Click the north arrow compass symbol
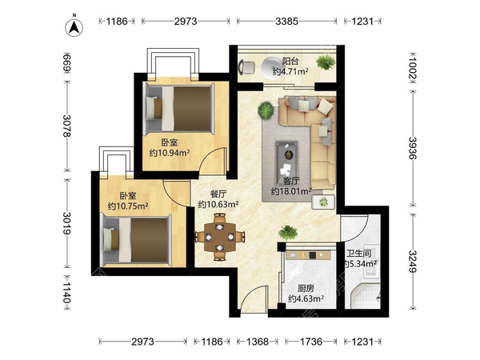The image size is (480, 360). [x=74, y=27]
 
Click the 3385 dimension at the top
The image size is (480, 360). [x=287, y=21]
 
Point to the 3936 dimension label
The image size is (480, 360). [x=413, y=148]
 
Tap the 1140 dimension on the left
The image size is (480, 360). [x=67, y=292]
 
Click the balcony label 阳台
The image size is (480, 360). [x=290, y=62]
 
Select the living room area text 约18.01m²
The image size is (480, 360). [x=291, y=192]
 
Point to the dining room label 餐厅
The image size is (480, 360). [x=218, y=194]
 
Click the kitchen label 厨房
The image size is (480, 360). [x=306, y=288]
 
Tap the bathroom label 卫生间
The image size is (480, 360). [x=359, y=254]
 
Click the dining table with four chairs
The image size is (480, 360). [x=220, y=237]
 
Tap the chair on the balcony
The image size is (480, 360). [x=246, y=67]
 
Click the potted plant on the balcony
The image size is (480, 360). [x=326, y=62]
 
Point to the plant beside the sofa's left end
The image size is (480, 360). [x=266, y=110]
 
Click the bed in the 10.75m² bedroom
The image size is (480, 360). [x=136, y=240]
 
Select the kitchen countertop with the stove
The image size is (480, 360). [x=308, y=255]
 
